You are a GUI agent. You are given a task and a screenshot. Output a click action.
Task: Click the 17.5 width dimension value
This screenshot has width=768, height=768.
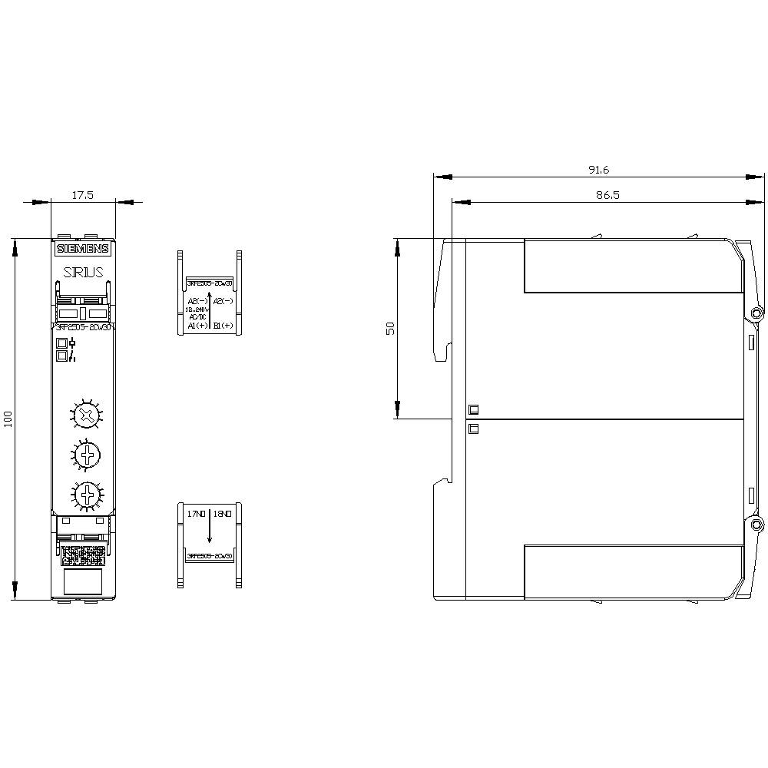pos(82,195)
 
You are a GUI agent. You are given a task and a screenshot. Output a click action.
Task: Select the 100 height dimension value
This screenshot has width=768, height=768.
pos(8,419)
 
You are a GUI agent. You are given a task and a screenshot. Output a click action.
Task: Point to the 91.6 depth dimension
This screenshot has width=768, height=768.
pos(598,170)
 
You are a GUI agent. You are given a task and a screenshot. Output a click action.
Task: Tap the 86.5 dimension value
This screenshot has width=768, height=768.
pos(607,196)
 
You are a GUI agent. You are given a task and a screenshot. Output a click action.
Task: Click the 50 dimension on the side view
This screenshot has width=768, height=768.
pos(390,328)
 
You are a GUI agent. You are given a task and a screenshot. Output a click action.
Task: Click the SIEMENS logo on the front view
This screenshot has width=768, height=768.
pos(83,248)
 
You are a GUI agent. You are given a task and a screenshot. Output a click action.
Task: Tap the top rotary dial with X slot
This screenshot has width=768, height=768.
pos(89,416)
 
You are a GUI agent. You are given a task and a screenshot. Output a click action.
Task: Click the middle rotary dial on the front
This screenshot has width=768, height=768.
pos(89,454)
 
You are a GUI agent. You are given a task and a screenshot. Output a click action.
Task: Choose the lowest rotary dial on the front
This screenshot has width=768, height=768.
pos(89,492)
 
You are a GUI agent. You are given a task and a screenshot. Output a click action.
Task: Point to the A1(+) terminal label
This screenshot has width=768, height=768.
pos(197,326)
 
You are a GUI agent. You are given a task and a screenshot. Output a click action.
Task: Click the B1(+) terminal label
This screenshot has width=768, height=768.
pos(223,326)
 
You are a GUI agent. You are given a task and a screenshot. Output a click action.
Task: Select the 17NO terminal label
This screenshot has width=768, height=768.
pos(197,513)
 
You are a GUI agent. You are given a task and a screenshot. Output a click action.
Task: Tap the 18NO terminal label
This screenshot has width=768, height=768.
pos(223,513)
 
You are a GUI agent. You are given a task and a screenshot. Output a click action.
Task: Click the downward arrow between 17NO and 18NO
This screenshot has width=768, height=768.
pos(210,530)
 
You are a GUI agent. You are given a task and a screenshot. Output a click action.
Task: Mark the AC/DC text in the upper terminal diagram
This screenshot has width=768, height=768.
pos(197,316)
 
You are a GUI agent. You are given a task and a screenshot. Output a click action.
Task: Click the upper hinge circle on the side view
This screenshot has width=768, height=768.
pos(756,313)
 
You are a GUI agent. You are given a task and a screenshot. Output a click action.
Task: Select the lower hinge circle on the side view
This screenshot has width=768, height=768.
pos(756,525)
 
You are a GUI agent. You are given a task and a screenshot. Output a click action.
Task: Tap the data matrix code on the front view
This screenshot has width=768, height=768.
pos(83,551)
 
